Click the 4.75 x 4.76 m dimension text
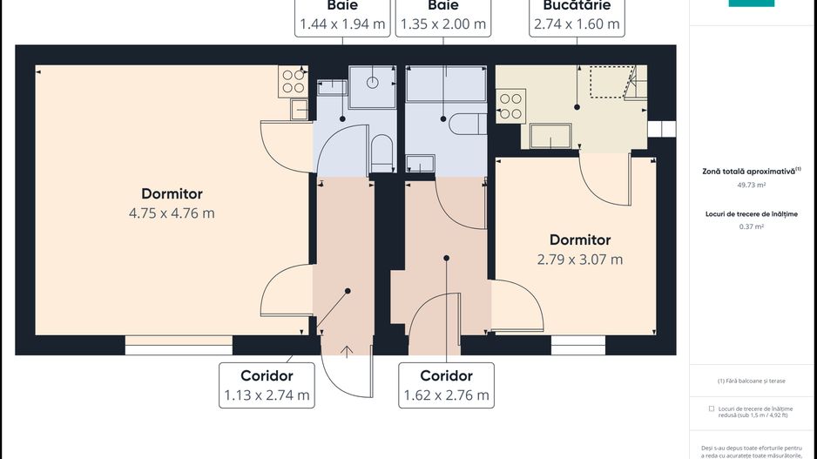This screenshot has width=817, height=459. pyautogui.click(x=172, y=213)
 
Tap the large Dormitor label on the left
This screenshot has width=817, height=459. pyautogui.click(x=172, y=193)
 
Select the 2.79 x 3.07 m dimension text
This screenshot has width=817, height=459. pyautogui.click(x=579, y=259)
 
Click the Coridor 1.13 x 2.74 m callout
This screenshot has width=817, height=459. pyautogui.click(x=267, y=385)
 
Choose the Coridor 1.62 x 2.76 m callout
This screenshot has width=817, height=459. pyautogui.click(x=446, y=385)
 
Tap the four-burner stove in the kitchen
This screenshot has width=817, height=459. pyautogui.click(x=510, y=105)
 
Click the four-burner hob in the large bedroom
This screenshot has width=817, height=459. pyautogui.click(x=294, y=80)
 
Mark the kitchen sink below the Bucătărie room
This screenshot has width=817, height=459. pyautogui.click(x=551, y=137)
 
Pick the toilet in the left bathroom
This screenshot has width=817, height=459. pyautogui.click(x=381, y=151)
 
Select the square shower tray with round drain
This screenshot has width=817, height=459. pyautogui.click(x=372, y=84)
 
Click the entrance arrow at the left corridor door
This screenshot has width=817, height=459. pyautogui.click(x=348, y=352)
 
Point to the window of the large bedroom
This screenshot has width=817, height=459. pyautogui.click(x=179, y=345)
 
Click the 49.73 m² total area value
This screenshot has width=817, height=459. pyautogui.click(x=751, y=185)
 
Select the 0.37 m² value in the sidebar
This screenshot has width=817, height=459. pyautogui.click(x=751, y=226)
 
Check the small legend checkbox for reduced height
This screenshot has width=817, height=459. pyautogui.click(x=712, y=408)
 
